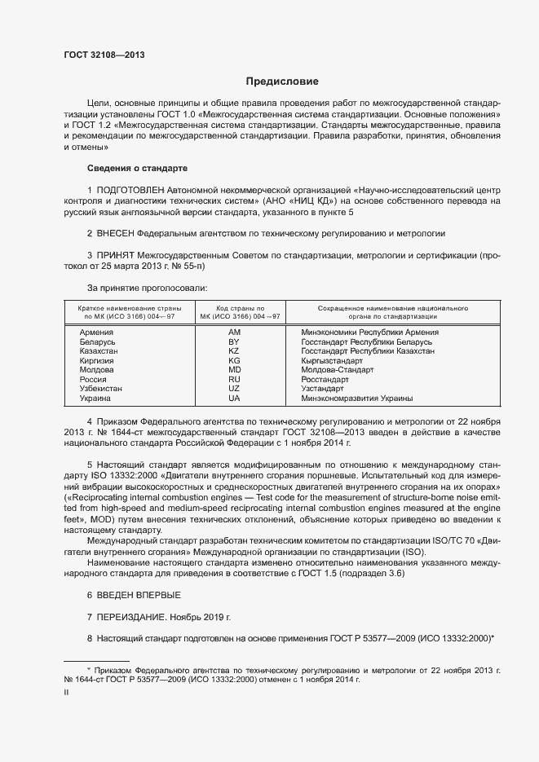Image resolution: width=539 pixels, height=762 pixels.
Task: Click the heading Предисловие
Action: coord(283,81)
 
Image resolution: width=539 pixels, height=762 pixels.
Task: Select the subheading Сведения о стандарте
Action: coord(137,168)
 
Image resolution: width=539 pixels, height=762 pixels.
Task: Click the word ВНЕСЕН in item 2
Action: coord(120,233)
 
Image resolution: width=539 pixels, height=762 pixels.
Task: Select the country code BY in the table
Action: coord(234,341)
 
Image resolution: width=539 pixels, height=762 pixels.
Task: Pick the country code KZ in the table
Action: coord(234,350)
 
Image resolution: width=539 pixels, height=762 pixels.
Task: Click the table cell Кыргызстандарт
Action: coord(332,360)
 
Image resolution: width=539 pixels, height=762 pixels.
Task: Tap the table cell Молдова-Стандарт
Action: coord(337,370)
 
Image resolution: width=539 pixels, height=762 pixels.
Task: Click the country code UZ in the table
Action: coord(234,389)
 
